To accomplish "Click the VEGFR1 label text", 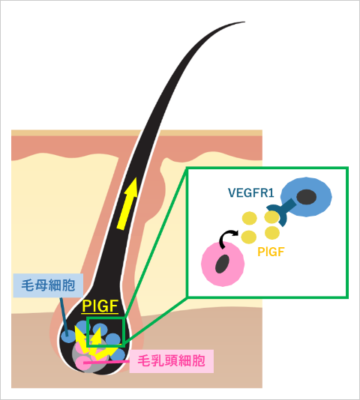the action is [x=251, y=193].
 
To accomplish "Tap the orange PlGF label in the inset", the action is [x=271, y=252].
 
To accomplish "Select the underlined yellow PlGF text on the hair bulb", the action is [x=100, y=306].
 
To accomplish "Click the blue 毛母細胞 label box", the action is [x=48, y=285].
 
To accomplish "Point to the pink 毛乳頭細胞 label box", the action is [x=172, y=361].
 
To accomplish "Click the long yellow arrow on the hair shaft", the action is [x=127, y=204].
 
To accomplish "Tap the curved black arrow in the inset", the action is [x=227, y=238].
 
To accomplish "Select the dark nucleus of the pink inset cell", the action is [x=222, y=264].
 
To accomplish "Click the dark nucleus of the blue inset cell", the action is [x=307, y=197].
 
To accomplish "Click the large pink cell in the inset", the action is [x=223, y=264].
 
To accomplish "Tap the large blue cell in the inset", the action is [x=307, y=197].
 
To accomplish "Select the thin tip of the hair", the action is [x=244, y=22].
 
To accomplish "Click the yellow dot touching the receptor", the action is [x=271, y=217].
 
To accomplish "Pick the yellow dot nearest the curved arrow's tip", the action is [x=248, y=237].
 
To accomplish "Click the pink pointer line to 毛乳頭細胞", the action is [x=106, y=362].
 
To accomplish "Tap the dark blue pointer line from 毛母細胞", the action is [x=64, y=317].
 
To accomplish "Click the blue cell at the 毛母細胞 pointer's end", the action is [x=67, y=337].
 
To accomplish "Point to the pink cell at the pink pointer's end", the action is [x=82, y=363].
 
